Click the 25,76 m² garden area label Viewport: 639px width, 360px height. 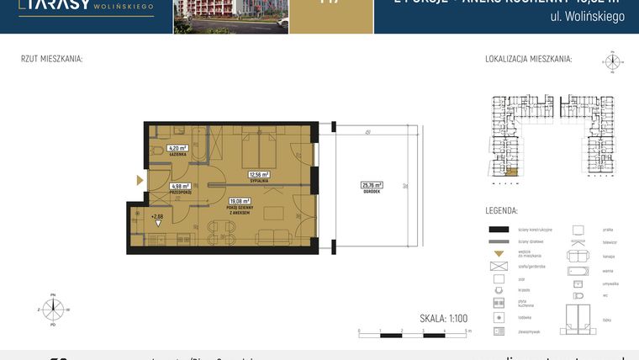[372, 187]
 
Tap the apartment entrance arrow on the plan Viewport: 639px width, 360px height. [140, 179]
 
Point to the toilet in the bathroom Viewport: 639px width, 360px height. [157, 152]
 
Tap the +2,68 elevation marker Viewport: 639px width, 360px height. [156, 217]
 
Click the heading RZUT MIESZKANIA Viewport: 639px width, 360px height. [51, 60]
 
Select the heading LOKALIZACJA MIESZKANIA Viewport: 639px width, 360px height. [528, 60]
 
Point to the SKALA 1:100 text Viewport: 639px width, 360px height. [445, 319]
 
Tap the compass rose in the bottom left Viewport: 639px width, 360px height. [53, 310]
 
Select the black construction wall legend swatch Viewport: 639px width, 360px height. [499, 230]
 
